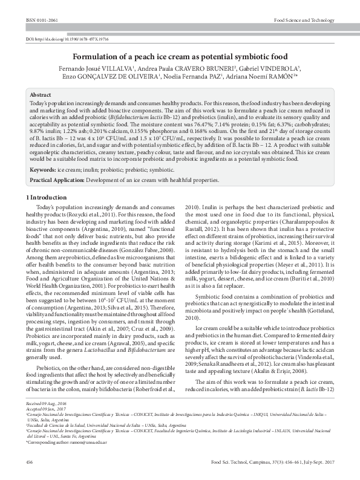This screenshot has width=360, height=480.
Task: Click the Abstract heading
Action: pyautogui.click(x=41, y=96)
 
